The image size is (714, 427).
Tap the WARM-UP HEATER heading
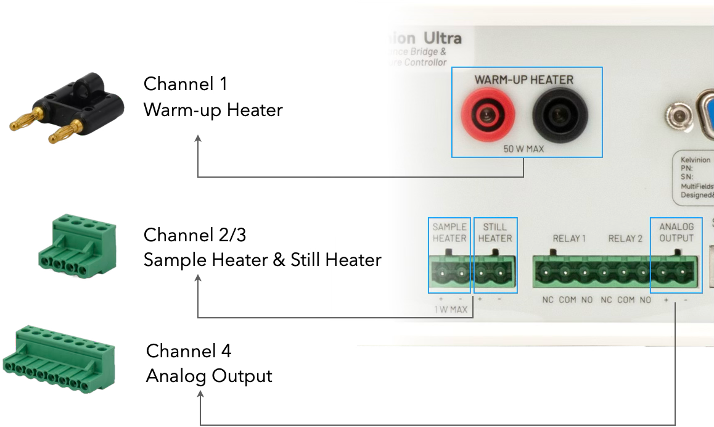tap(523, 80)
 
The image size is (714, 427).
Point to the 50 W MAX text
tap(523, 149)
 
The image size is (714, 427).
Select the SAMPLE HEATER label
tap(449, 233)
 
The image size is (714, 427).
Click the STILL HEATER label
tap(495, 233)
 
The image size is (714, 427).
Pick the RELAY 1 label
tap(569, 238)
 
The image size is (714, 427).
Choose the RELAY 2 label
tap(625, 238)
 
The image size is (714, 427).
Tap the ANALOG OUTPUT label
tap(676, 233)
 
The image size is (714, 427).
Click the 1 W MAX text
tap(450, 309)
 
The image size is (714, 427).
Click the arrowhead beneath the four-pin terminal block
tap(198, 278)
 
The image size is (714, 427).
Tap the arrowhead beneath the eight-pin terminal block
tap(200, 394)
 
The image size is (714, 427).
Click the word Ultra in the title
tap(441, 38)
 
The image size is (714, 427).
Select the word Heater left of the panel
tap(355, 260)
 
